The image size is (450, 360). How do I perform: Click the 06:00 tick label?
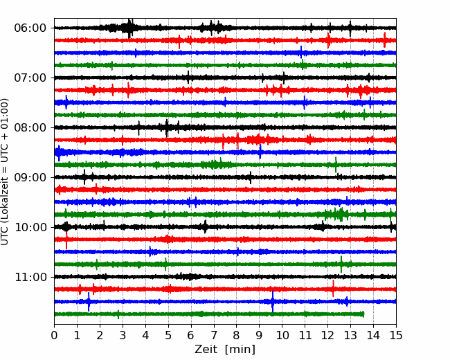(x=30, y=28)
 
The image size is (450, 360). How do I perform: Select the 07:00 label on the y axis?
(x=30, y=78)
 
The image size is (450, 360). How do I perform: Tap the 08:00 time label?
(x=30, y=127)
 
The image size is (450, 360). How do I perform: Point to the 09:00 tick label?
(x=30, y=177)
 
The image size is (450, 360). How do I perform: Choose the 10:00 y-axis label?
(x=30, y=227)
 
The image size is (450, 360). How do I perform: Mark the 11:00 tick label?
(x=30, y=277)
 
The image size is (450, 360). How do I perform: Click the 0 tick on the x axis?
(x=54, y=335)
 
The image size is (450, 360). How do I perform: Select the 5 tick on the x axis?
(x=168, y=335)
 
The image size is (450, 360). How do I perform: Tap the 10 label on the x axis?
(x=282, y=335)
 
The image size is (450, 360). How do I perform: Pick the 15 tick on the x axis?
(x=396, y=335)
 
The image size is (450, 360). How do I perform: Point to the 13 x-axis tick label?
(x=350, y=335)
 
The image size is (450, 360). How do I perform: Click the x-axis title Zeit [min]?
(x=225, y=349)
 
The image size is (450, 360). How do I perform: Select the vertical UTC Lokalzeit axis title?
(x=5, y=172)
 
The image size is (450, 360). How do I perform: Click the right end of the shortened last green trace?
(x=363, y=314)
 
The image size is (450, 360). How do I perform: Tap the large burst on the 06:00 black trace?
(x=129, y=28)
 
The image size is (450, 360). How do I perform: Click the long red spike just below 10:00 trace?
(x=66, y=240)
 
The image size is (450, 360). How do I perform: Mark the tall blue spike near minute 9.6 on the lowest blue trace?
(x=272, y=301)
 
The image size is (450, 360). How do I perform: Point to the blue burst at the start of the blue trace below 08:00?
(x=59, y=153)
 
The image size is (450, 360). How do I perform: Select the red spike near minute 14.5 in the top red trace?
(x=384, y=40)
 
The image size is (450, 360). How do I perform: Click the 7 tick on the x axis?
(x=214, y=335)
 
